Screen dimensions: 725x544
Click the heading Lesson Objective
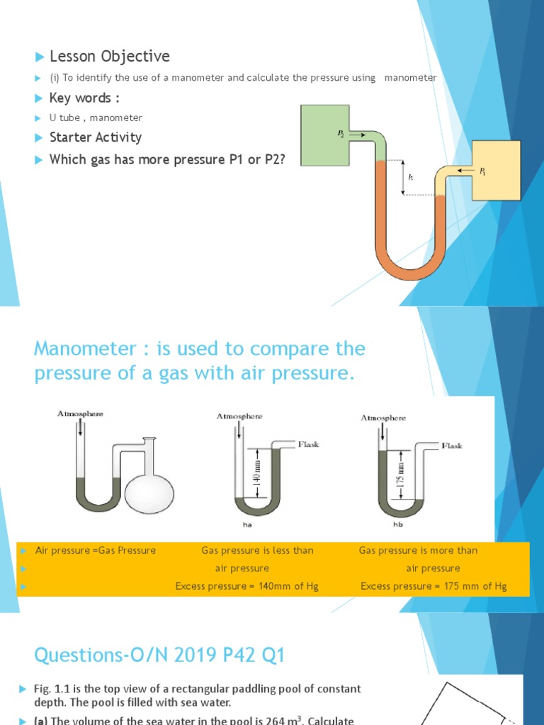click(109, 57)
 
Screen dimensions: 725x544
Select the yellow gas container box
click(496, 170)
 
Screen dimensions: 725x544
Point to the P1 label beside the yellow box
click(482, 171)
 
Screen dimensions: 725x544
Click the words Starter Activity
click(95, 137)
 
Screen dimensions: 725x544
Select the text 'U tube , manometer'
click(96, 118)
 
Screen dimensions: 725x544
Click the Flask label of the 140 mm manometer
click(308, 444)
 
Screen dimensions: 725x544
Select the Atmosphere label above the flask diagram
click(79, 413)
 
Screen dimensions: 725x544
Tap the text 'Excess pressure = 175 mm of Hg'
click(433, 586)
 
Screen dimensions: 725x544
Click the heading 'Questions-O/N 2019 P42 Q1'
click(159, 656)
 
